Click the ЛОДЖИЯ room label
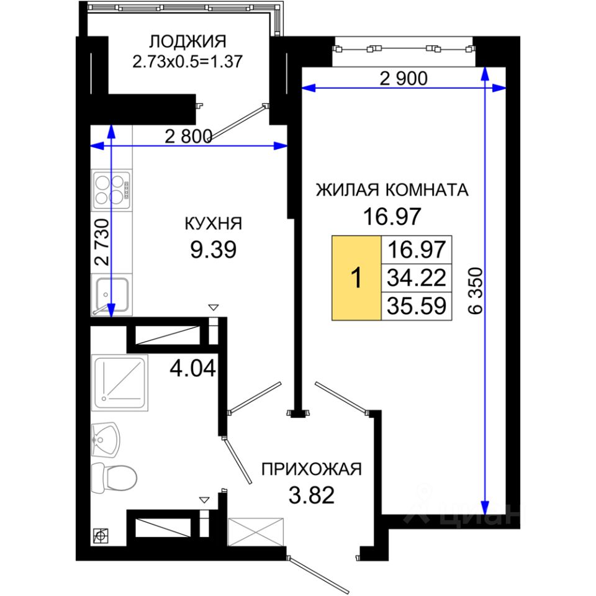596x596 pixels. pos(187,42)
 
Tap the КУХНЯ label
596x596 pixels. pos(213,224)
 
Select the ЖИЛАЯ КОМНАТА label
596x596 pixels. pos(392,190)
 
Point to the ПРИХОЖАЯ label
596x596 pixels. pos(311,469)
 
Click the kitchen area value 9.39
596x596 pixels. pos(213,250)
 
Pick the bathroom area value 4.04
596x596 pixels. pos(192,368)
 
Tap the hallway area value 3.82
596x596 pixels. pos(311,495)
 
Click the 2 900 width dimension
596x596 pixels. pos(404,78)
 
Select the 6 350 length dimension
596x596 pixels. pos(476,291)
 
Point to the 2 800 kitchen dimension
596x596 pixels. pos(189,136)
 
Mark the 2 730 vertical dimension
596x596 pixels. pos(102,242)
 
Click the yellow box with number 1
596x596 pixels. pos(356,278)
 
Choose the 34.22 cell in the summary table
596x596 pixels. pos(416,278)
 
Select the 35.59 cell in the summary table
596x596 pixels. pos(416,306)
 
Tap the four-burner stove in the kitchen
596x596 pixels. pos(111,190)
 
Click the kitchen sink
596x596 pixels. pos(111,294)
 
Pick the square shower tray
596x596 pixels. pos(120,383)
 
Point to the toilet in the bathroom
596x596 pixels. pos(114,477)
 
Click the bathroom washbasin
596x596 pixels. pos(106,440)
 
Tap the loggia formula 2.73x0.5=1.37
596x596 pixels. pos(187,61)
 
